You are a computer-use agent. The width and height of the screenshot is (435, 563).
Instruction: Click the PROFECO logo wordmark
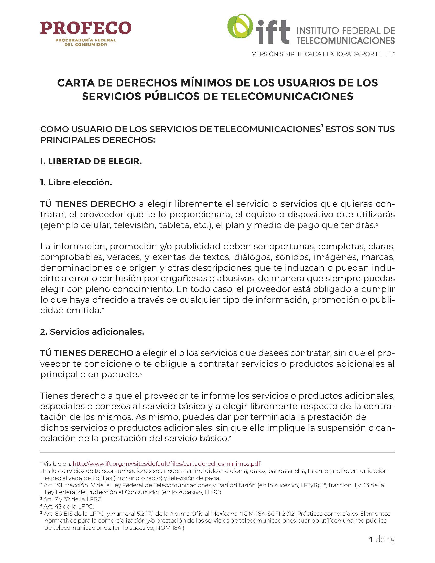pos(85,28)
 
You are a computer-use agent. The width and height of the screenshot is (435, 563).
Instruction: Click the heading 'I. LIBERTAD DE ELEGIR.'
pos(91,161)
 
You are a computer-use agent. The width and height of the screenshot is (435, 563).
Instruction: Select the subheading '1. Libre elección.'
pos(76,182)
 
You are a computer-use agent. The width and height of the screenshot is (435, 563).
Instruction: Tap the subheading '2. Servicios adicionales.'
pos(92,332)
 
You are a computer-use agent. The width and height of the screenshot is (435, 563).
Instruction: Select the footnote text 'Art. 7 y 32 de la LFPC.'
pos(73,499)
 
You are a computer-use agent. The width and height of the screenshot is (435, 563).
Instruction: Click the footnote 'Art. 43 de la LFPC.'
pos(69,506)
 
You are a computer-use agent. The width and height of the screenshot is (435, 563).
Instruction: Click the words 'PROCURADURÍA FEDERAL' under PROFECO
pos(85,40)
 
